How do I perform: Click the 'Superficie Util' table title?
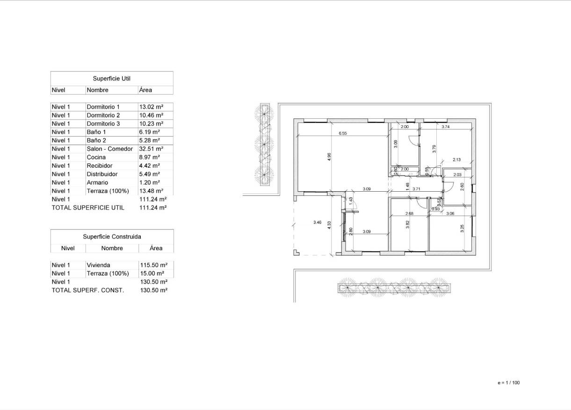click(111, 79)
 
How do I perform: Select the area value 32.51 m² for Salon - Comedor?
click(150, 149)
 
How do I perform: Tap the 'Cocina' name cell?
click(96, 157)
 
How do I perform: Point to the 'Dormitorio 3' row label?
click(103, 123)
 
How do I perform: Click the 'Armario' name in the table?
click(97, 182)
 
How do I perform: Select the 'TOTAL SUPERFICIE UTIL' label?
click(88, 208)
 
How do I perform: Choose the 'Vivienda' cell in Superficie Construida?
click(99, 265)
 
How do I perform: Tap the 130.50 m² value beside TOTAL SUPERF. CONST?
click(154, 290)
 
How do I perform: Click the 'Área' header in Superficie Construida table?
click(156, 248)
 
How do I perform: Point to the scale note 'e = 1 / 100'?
click(508, 383)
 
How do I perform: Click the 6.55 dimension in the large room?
click(343, 133)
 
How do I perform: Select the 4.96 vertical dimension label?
click(329, 157)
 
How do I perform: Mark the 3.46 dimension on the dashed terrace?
click(317, 223)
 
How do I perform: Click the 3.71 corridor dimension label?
click(416, 189)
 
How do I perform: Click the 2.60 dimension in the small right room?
click(462, 186)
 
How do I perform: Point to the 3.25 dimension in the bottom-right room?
click(462, 229)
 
